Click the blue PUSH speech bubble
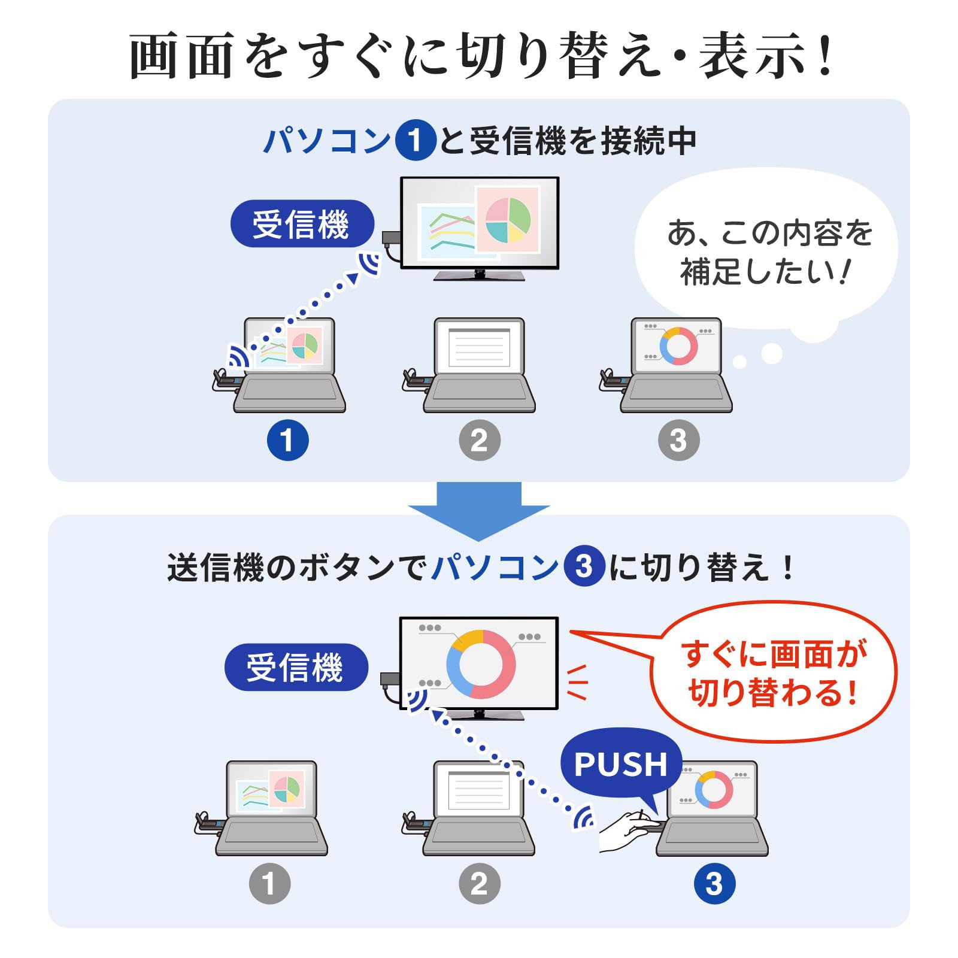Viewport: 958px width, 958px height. tap(621, 763)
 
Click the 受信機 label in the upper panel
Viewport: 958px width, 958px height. tap(302, 224)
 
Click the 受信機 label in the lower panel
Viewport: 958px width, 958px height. tap(296, 667)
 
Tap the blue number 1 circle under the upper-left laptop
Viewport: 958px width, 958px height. tap(288, 440)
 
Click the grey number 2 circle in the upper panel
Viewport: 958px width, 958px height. tap(480, 440)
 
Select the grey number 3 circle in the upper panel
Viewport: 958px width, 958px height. tap(678, 440)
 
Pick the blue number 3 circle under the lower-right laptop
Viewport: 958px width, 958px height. tap(714, 883)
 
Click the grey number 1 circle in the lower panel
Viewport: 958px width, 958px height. tap(270, 883)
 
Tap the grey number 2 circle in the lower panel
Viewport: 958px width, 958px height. tap(480, 883)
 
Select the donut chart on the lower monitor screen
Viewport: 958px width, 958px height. tap(481, 664)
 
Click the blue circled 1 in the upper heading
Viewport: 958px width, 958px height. tap(415, 140)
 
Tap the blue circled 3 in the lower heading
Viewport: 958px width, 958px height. tap(584, 566)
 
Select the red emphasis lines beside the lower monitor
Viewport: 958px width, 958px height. tap(578, 682)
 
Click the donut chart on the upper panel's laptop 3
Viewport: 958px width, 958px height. tap(678, 346)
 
